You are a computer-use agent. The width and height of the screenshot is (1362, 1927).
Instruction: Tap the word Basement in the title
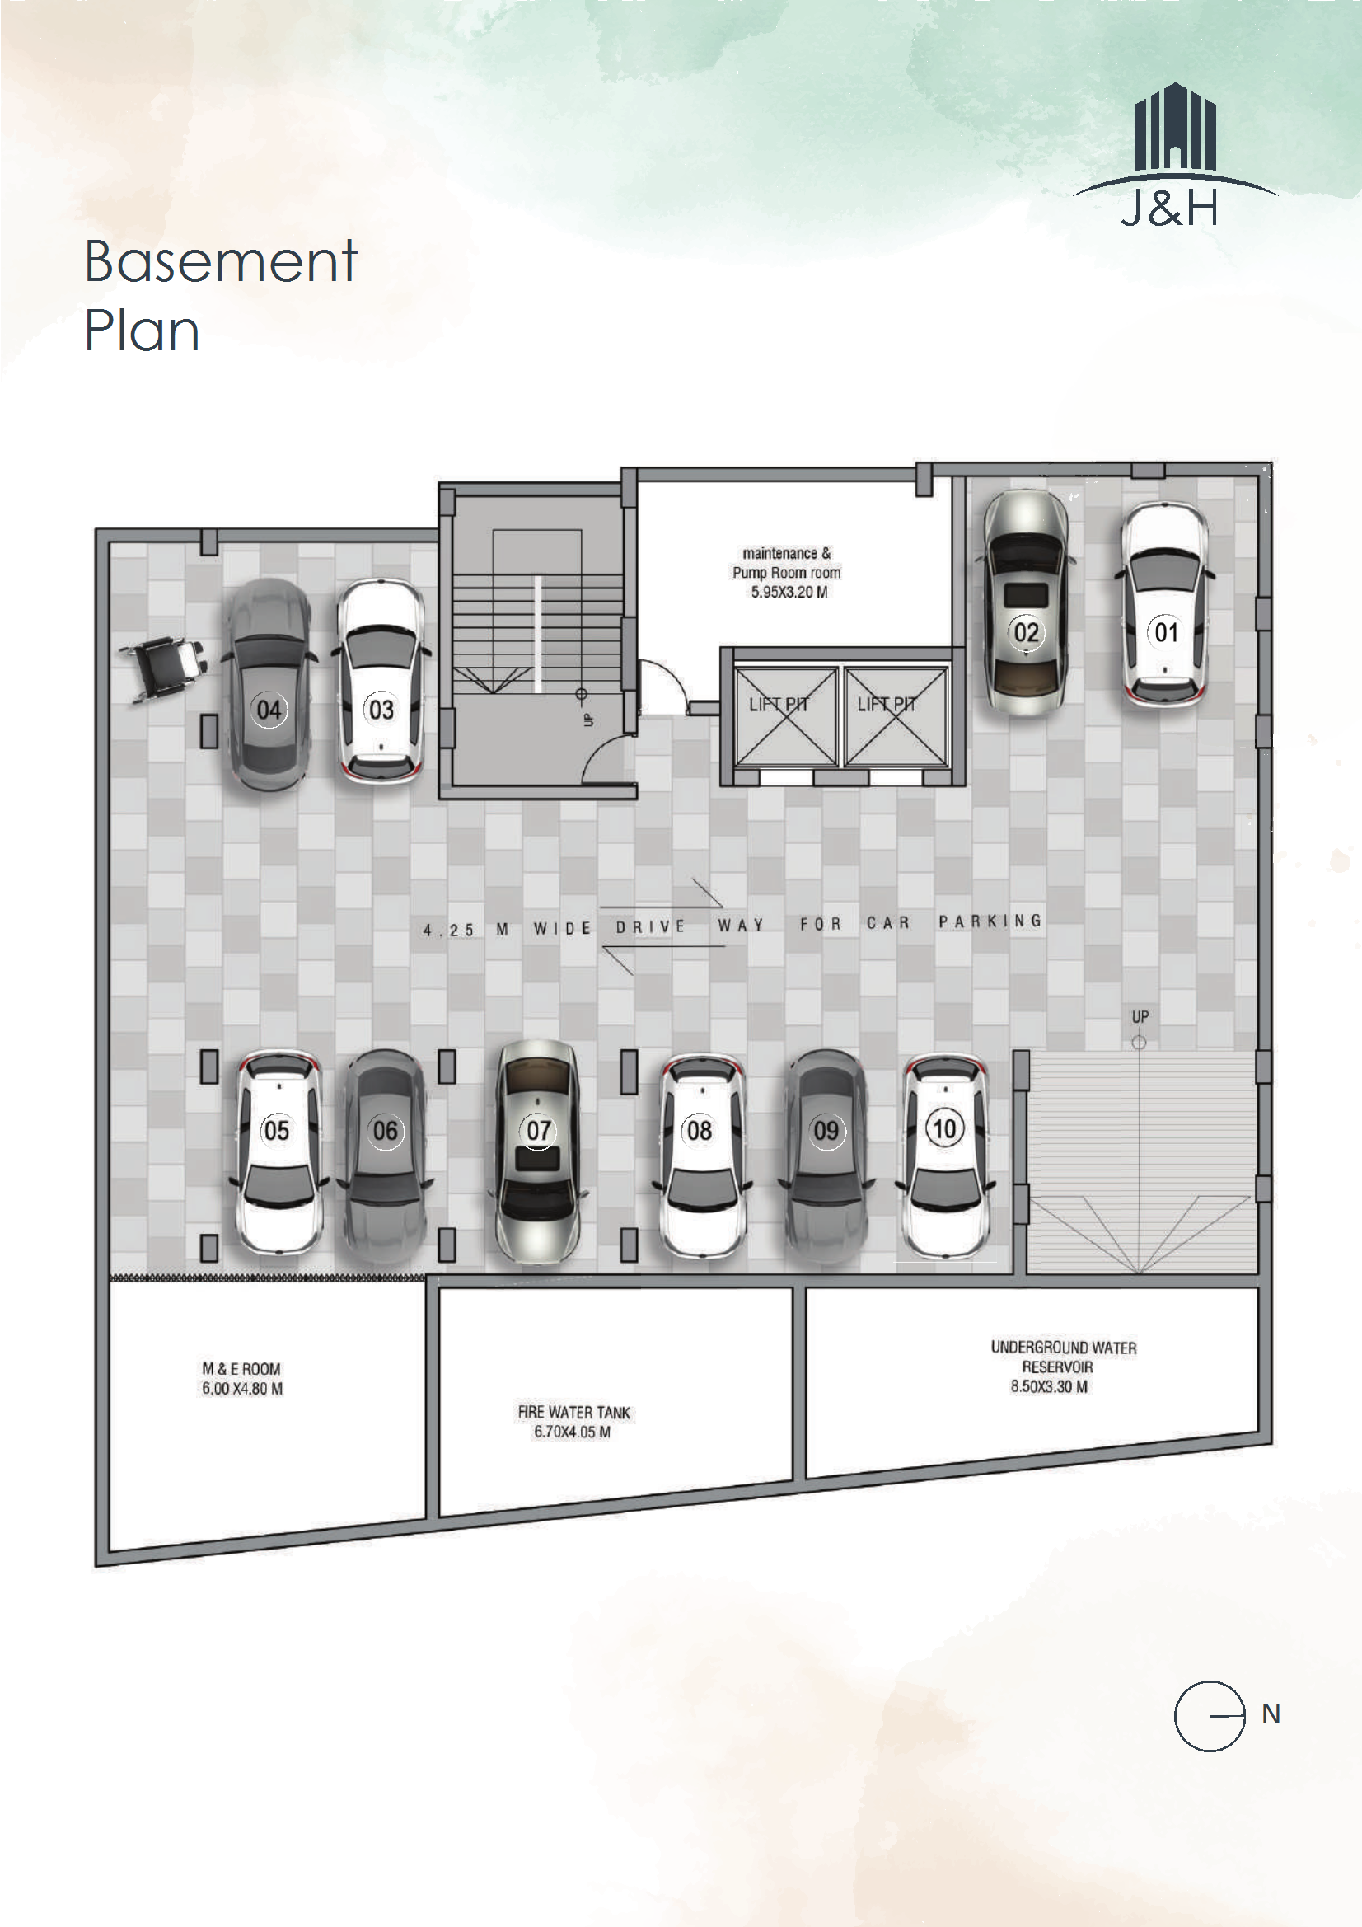coord(222,261)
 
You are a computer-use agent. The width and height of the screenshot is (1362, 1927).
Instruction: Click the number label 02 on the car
coord(1027,632)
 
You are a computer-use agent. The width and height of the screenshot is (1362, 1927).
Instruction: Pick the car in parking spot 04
coord(269,685)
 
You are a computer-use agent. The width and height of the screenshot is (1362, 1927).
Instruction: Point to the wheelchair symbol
coord(162,668)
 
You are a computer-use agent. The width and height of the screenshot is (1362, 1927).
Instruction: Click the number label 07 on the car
coord(539,1131)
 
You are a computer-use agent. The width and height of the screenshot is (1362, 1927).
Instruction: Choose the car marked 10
coord(945,1156)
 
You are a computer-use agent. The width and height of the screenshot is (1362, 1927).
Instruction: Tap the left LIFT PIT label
coord(778,704)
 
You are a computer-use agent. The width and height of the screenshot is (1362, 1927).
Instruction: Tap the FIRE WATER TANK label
coord(574,1412)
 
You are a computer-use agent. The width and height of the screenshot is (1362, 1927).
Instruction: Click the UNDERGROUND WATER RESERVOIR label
coord(1063,1357)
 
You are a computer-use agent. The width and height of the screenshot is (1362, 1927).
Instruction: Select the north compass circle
coord(1210,1715)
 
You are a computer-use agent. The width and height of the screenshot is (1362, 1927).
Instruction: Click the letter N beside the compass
coord(1271,1714)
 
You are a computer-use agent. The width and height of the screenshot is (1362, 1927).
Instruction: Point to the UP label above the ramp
coord(1140,1016)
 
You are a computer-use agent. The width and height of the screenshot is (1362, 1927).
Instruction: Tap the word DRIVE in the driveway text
coord(651,926)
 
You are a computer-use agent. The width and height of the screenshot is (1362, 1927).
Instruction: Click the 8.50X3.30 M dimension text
coord(1049,1386)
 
